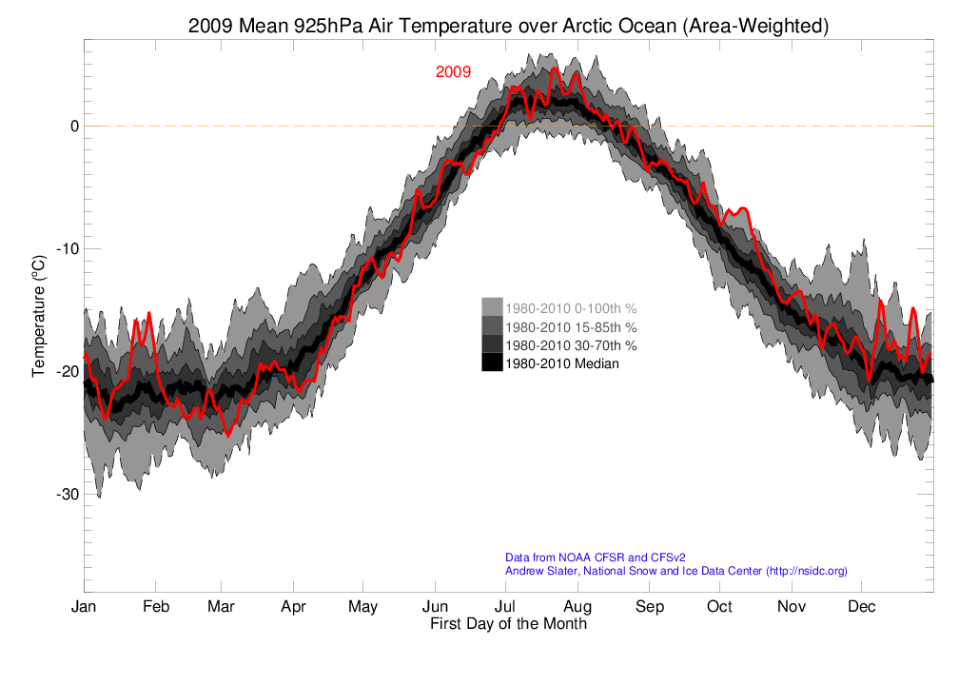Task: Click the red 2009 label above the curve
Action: click(453, 72)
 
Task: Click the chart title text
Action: click(508, 27)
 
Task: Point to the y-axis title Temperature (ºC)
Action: click(39, 314)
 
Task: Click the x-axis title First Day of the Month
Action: click(508, 625)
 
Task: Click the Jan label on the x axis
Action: click(84, 607)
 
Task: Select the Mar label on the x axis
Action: click(222, 607)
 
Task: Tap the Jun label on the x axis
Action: click(436, 607)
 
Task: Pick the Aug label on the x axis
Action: click(577, 607)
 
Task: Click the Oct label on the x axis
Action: click(719, 607)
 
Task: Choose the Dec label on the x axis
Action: click(862, 607)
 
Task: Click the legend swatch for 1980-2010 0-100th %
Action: click(492, 308)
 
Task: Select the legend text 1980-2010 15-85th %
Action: click(571, 326)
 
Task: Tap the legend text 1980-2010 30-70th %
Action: click(571, 344)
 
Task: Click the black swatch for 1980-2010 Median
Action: click(492, 362)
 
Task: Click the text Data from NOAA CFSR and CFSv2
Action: click(595, 558)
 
